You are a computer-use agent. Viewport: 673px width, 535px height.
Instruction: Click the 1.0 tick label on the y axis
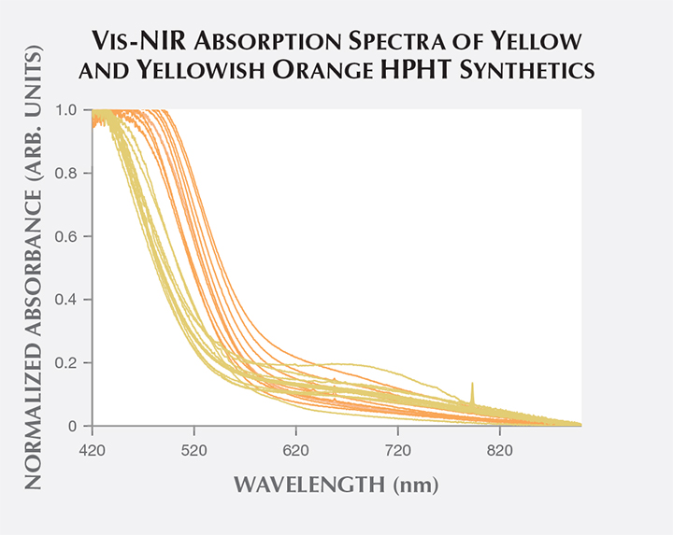click(67, 109)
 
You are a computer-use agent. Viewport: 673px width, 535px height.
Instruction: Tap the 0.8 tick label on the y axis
click(67, 173)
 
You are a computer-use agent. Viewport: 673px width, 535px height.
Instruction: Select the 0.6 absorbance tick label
click(67, 236)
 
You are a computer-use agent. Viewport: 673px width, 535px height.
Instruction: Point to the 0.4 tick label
click(67, 300)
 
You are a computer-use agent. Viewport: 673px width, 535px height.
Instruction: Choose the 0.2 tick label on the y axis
click(67, 363)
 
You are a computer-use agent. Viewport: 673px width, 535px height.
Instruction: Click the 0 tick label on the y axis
click(73, 427)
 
